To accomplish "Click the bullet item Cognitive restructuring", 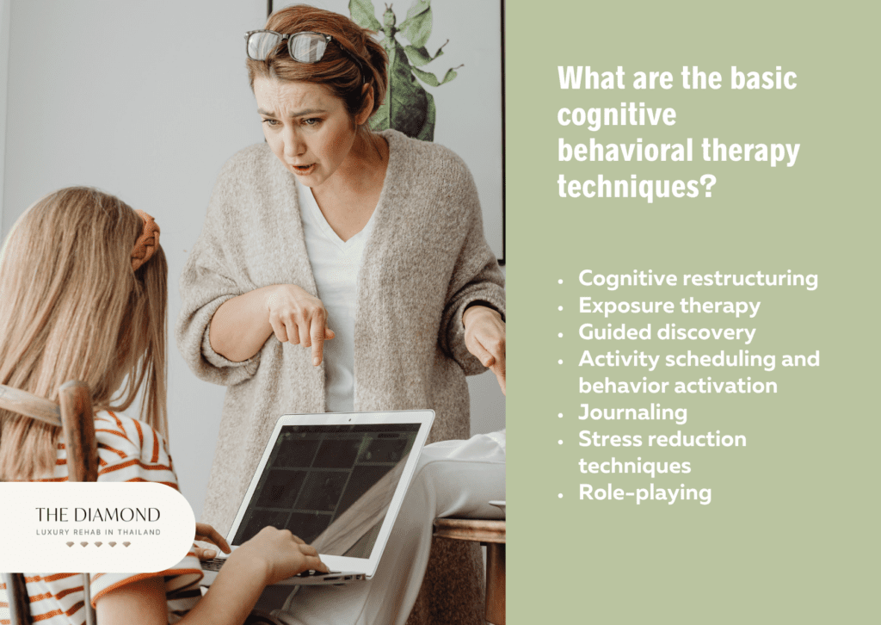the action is point(698,279).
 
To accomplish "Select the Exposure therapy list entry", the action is point(669,306).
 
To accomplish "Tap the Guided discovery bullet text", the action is point(667,332).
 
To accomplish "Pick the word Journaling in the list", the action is point(632,412).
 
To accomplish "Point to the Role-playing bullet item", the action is point(645,493).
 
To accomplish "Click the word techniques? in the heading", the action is point(637,186).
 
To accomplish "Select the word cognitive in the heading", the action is point(616,114).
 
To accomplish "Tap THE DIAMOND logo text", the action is point(98,515).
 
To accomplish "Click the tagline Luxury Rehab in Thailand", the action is point(98,532).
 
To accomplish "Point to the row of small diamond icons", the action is point(98,544).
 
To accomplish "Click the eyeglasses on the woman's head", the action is point(287,45).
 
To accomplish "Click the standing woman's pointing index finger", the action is point(317,349).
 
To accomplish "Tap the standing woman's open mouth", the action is point(304,168).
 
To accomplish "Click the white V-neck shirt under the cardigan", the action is point(337,292).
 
